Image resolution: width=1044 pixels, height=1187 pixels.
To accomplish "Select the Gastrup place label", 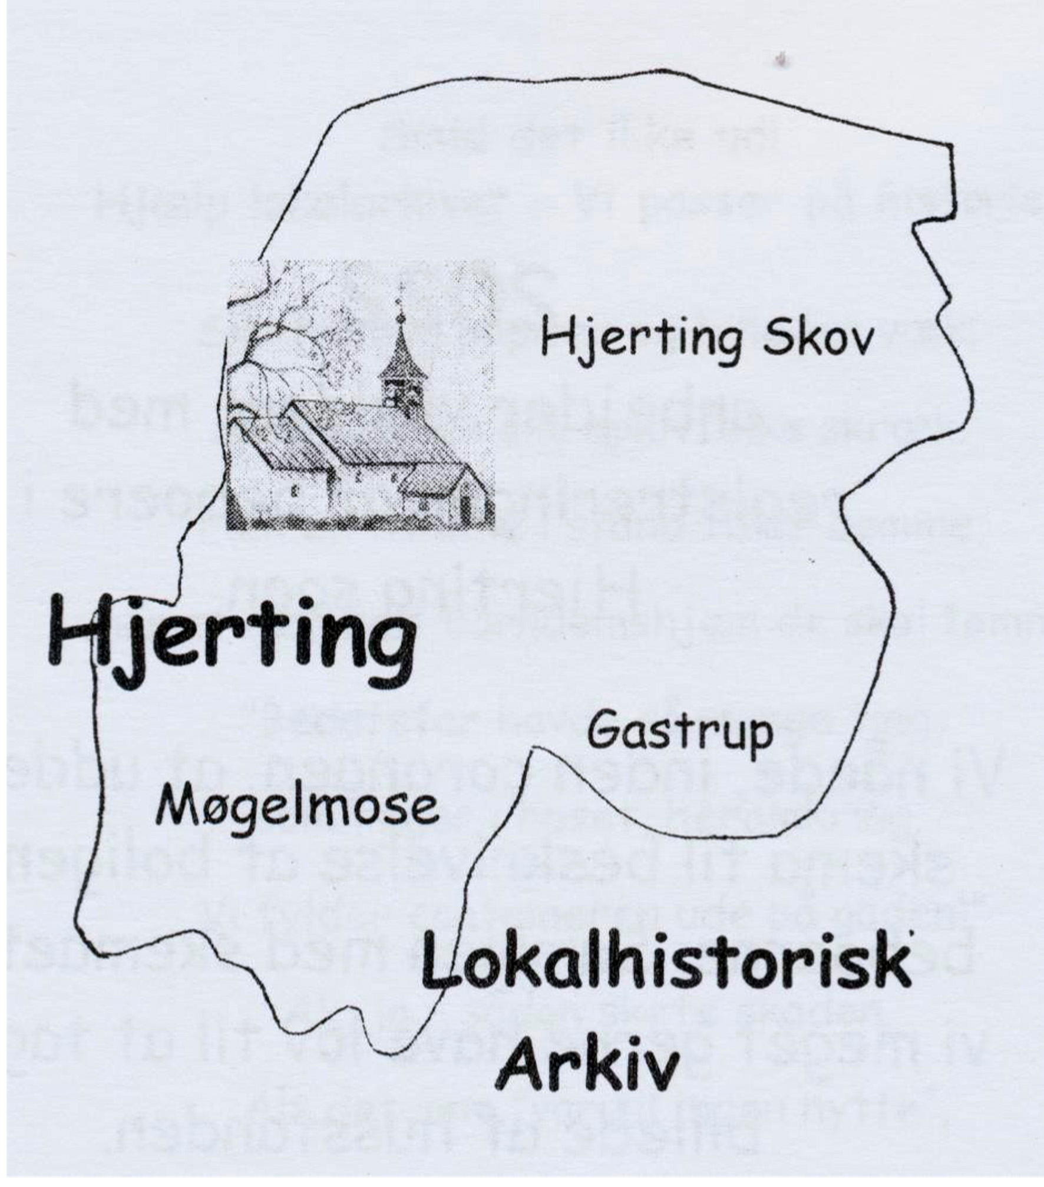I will point(680,733).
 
